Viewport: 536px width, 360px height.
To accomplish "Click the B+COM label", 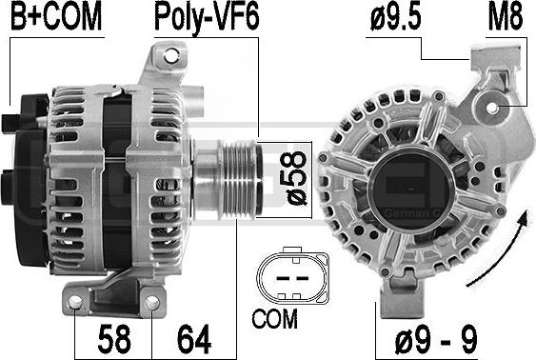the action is point(56,16).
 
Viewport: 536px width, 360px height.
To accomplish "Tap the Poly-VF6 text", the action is point(207,17).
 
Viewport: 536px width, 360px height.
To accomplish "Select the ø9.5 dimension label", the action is point(395,16).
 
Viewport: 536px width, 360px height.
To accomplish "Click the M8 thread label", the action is point(506,16).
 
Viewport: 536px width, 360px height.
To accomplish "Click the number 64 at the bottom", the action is point(194,339).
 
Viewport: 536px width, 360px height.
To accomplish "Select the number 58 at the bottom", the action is point(114,339).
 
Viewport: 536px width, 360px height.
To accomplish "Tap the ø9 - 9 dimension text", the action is point(436,339).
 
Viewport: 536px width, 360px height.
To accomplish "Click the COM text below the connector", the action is point(274,319).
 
